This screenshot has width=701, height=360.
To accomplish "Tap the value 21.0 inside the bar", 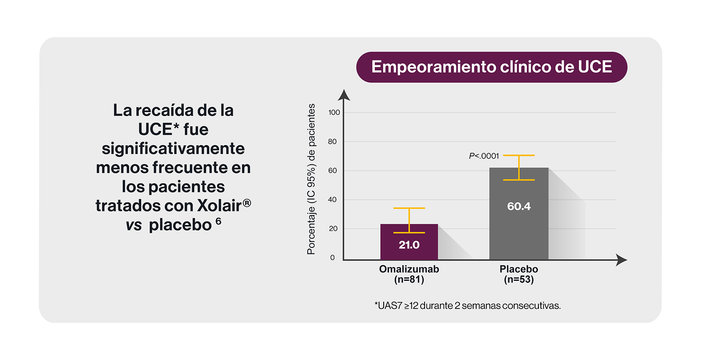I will click(409, 245).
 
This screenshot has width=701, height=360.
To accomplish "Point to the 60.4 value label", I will click(518, 207).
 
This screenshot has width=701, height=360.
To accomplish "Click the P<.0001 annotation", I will click(483, 156).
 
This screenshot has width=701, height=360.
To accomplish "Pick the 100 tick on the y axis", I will click(334, 113).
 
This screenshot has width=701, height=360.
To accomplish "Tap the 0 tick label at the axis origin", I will click(333, 258).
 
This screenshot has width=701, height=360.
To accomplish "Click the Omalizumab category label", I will click(409, 269).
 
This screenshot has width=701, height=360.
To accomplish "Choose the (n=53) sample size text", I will click(519, 280).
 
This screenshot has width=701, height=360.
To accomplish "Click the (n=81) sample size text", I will click(409, 280).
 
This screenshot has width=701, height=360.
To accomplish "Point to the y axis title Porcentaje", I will click(312, 179).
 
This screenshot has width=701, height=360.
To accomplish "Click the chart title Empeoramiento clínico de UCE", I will click(492, 67).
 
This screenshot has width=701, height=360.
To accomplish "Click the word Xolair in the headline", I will click(220, 206).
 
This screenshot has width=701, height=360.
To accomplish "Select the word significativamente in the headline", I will click(173, 148).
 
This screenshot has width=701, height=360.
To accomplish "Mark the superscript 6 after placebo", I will click(219, 221).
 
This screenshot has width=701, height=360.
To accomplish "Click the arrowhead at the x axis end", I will click(622, 260).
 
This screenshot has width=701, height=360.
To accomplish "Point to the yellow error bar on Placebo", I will click(519, 167).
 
